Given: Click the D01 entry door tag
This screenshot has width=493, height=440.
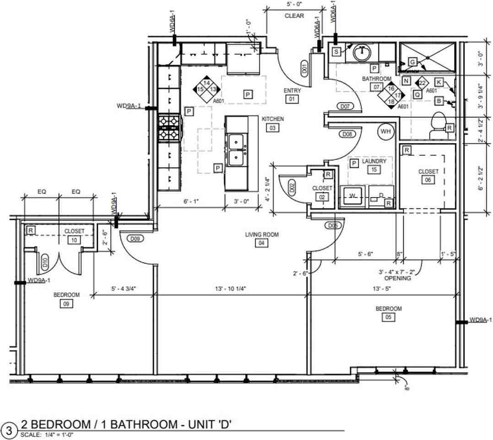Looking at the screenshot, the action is (304, 68).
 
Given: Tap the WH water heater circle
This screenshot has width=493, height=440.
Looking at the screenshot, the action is (385, 131).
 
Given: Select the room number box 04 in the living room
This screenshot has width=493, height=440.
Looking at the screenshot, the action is (261, 243).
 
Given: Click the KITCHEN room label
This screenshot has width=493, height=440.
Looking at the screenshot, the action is (273, 119).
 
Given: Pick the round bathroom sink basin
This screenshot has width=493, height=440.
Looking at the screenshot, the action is (362, 53).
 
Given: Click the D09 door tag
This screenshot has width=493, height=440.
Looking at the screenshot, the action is (135, 239).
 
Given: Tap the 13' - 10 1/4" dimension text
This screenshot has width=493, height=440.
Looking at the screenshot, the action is (230, 289).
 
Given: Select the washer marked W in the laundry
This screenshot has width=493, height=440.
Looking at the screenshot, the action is (352, 196).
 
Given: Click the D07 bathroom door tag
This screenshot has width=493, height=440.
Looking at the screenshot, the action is (345, 106).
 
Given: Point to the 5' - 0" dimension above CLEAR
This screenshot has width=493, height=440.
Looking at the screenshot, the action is (294, 5).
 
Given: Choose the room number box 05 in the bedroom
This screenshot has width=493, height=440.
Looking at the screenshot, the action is (388, 317).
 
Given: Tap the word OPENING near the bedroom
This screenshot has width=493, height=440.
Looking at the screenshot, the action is (398, 278).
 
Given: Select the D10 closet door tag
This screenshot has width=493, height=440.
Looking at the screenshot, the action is (45, 263).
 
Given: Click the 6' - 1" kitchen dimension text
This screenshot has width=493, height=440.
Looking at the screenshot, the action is (191, 201).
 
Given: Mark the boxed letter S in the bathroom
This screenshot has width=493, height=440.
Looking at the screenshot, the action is (336, 52).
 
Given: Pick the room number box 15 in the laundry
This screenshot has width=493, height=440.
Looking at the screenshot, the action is (374, 170).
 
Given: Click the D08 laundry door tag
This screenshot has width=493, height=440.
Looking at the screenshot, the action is (347, 134).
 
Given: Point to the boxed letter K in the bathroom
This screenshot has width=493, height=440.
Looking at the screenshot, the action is (439, 82).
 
